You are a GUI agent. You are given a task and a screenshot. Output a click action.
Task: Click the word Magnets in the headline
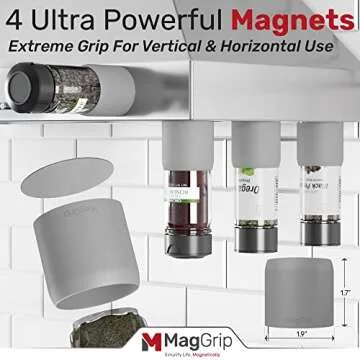299,19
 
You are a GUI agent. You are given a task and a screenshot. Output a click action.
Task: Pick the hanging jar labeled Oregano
249,200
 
